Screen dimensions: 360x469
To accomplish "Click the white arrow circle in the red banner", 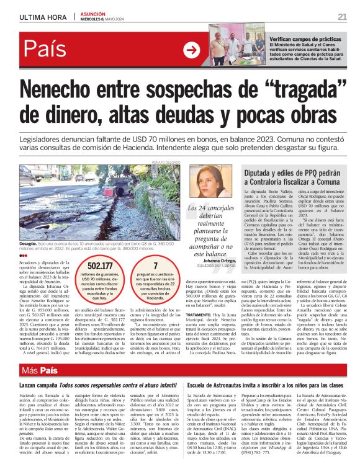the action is (x=192, y=50).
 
